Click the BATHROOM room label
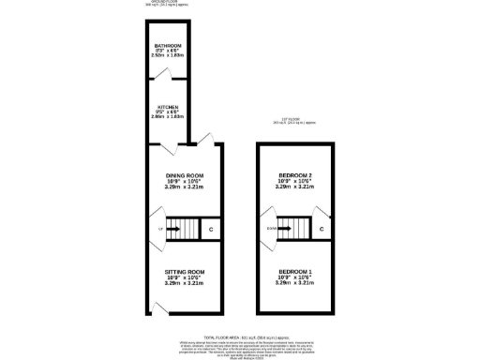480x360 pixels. click(x=169, y=46)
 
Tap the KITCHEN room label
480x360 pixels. click(x=169, y=107)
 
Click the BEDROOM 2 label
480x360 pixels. click(x=295, y=176)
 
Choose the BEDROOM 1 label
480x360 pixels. click(x=295, y=271)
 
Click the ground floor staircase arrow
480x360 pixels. click(x=175, y=228)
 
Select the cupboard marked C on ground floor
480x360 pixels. click(x=210, y=229)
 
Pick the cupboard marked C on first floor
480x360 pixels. click(x=321, y=229)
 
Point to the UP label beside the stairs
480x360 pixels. click(x=161, y=228)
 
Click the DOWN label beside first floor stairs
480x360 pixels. click(x=271, y=228)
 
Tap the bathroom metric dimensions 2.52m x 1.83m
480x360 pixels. click(x=169, y=57)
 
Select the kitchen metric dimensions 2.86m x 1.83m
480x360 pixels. click(x=169, y=118)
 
